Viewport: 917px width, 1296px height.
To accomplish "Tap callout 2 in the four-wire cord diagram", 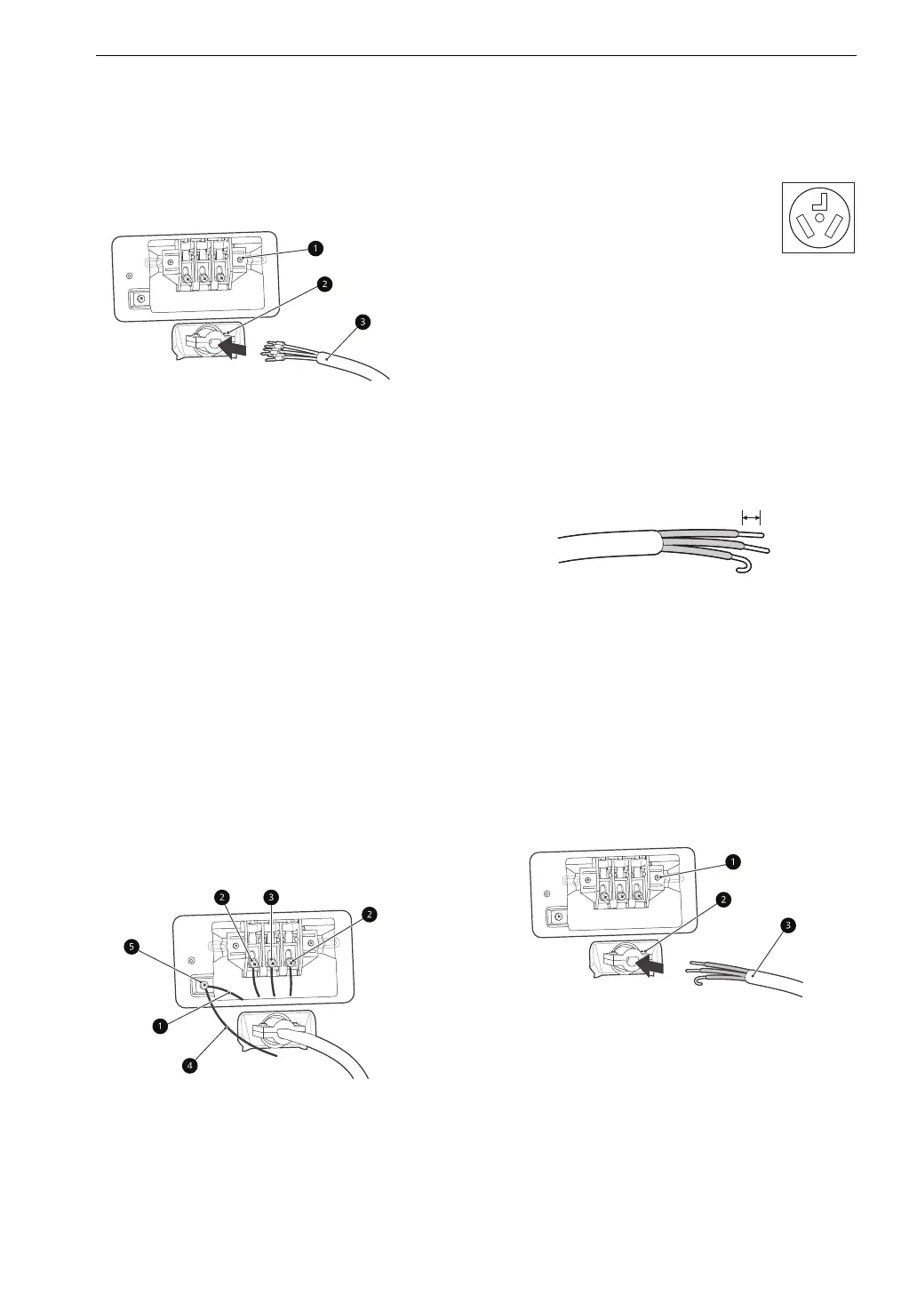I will point(324,284).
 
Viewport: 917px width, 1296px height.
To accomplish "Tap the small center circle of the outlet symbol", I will point(818,217).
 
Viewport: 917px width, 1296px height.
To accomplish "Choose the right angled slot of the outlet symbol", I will point(835,228).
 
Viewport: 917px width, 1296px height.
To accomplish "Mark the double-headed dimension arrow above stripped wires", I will point(752,516).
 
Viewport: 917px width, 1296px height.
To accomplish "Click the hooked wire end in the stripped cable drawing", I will point(744,564).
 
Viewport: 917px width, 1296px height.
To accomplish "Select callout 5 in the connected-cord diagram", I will point(132,948).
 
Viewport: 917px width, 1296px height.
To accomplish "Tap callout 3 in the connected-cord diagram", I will point(271,897).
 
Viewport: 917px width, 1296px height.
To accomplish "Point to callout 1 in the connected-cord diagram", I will point(159,1026).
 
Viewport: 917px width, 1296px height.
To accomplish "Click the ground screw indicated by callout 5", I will point(204,985).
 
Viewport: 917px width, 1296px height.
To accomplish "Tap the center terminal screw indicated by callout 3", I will point(272,962).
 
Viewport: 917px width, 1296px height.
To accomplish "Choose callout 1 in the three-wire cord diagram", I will point(731,861).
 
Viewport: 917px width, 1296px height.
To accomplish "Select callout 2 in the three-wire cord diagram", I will point(724,900).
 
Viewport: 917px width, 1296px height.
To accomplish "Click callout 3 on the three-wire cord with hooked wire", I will point(786,926).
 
